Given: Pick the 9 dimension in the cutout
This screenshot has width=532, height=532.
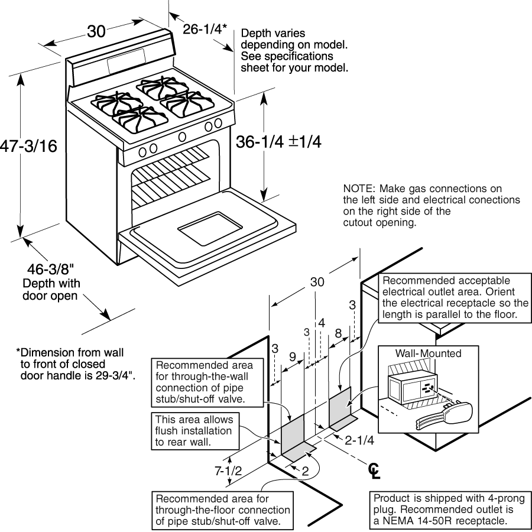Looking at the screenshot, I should click(293, 356).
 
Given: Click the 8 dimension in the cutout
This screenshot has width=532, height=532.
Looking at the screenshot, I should click(338, 333).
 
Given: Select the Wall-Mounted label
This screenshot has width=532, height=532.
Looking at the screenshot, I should click(428, 352).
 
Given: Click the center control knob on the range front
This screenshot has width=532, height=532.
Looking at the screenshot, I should click(182, 137).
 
